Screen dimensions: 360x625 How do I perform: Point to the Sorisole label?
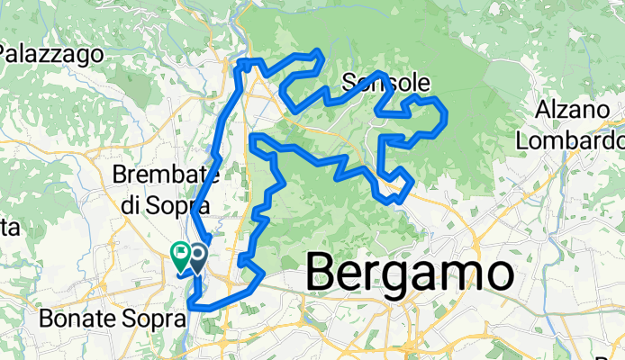point(385,84)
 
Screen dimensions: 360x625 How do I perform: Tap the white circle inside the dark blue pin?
point(195,254)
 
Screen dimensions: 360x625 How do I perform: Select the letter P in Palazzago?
point(5,54)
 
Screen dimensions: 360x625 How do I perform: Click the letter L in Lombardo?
point(521,140)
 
